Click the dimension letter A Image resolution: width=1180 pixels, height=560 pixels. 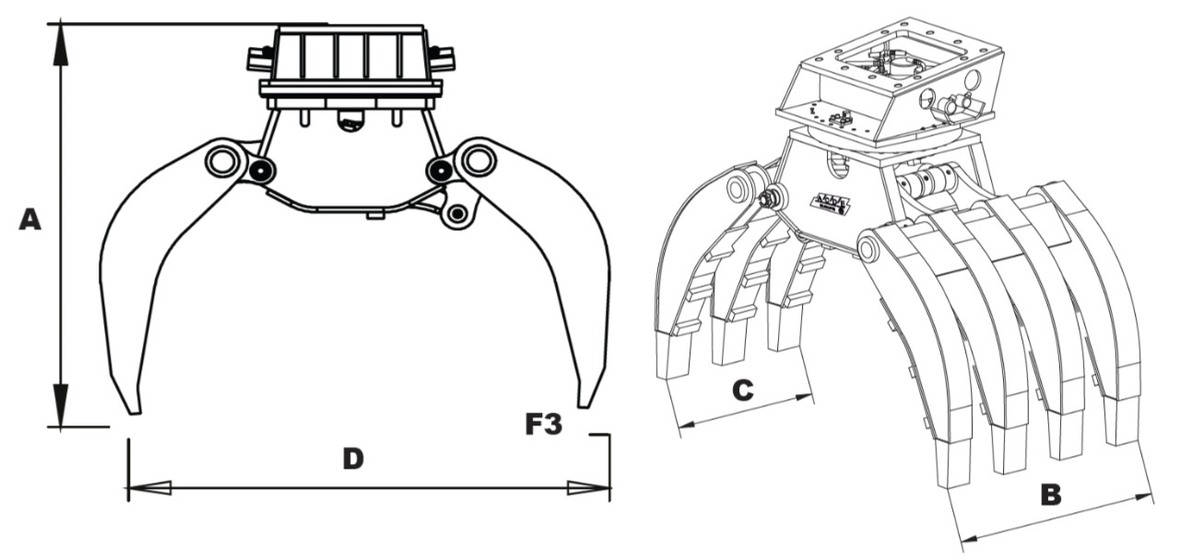click(29, 220)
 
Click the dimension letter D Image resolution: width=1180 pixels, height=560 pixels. click(352, 458)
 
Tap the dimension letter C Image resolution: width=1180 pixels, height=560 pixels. click(742, 391)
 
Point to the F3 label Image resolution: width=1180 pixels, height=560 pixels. click(544, 425)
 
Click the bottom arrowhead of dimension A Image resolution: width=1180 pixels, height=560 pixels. click(61, 405)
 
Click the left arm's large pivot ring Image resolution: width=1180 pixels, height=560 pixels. click(221, 161)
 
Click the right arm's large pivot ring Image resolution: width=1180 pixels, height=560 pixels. click(478, 160)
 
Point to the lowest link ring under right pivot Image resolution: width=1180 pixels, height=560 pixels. click(456, 215)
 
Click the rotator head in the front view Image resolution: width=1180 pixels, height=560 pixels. click(350, 60)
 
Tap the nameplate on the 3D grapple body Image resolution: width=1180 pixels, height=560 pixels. click(832, 201)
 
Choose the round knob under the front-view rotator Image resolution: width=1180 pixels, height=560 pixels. click(351, 120)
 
